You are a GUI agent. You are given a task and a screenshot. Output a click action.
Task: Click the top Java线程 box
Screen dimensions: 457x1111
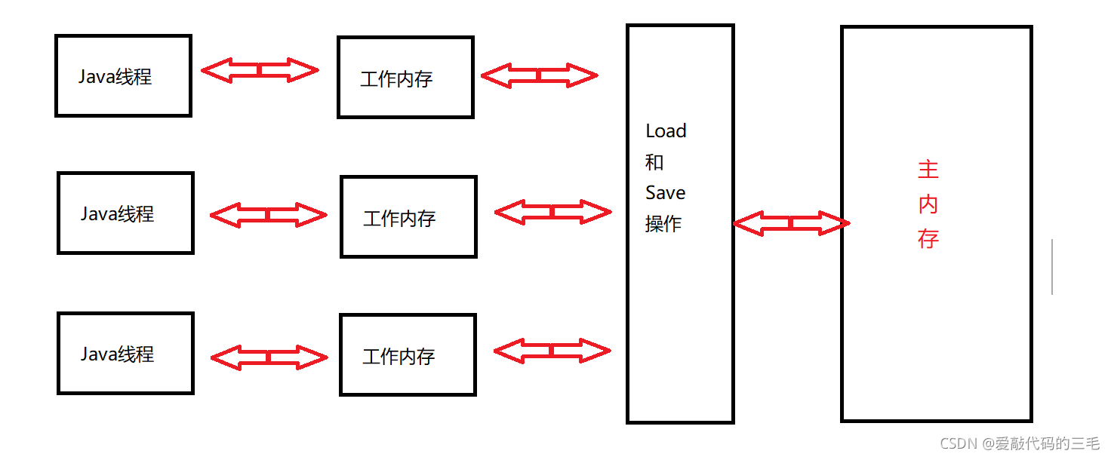[123, 75]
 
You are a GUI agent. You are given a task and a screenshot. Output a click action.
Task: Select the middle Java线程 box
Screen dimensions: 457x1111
[125, 213]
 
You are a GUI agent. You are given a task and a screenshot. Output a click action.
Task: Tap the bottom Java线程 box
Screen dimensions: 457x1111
[125, 353]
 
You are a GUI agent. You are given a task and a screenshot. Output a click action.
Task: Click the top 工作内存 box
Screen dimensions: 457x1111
[405, 78]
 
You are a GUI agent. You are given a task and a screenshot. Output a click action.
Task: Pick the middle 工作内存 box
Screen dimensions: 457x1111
[408, 216]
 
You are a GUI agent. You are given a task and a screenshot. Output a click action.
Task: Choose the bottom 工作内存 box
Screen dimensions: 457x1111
[408, 354]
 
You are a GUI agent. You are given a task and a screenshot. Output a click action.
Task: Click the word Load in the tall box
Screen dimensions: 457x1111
[666, 131]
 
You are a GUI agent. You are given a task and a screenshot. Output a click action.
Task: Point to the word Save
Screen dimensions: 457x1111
[665, 193]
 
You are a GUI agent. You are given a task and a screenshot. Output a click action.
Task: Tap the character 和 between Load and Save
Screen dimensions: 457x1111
[654, 162]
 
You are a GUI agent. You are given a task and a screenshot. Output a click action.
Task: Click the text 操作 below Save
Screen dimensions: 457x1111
[663, 224]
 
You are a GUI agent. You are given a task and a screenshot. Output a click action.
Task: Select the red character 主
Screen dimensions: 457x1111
[928, 170]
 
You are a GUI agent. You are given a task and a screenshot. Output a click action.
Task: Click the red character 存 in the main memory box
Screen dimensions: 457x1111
[928, 239]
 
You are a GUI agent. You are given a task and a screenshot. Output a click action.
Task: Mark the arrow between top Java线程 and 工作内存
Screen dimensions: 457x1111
[260, 71]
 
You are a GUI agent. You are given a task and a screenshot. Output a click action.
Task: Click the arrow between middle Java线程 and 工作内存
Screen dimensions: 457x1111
[268, 216]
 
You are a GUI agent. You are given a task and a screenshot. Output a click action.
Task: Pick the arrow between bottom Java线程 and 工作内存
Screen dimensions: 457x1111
[269, 357]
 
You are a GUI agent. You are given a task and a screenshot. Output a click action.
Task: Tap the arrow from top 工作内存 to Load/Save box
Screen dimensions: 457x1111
[539, 75]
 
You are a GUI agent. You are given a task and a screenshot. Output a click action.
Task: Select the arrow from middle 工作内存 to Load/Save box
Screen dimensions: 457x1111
[552, 213]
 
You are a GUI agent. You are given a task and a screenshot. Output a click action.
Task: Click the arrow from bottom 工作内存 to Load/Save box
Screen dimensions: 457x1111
[551, 350]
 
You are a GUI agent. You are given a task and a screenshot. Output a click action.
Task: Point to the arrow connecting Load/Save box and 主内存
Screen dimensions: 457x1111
[791, 223]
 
